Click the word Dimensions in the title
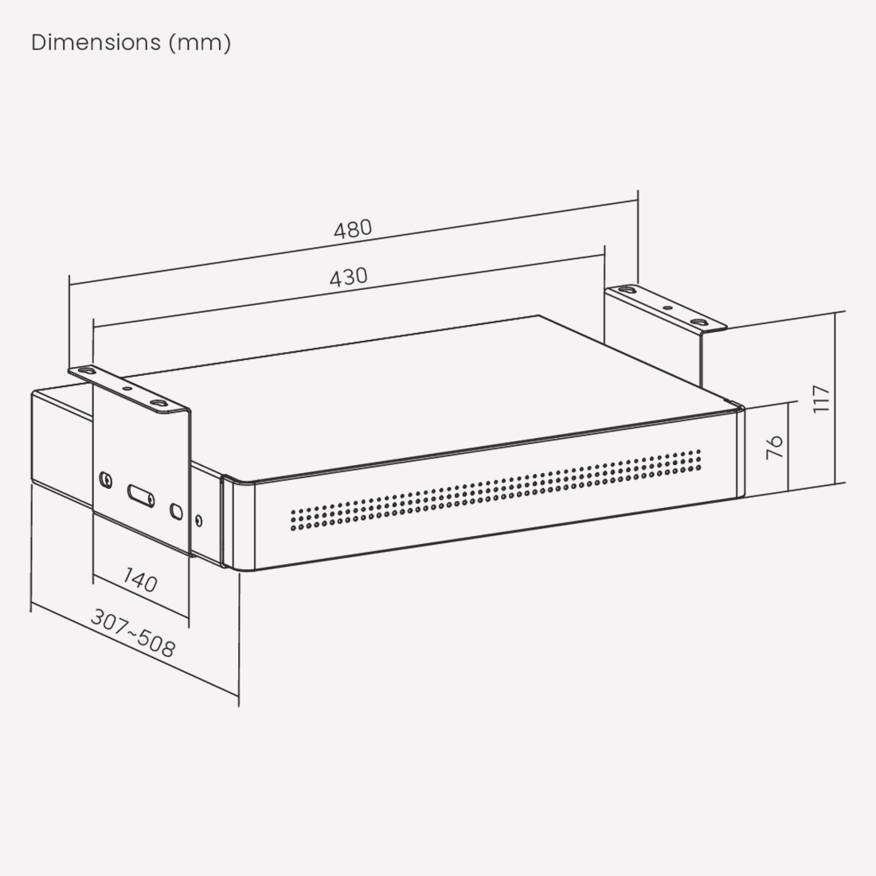96,43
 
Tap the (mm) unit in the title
199,43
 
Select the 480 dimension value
353,229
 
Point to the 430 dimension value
349,277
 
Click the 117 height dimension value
821,399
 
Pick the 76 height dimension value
775,447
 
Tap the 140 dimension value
139,580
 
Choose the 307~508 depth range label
133,633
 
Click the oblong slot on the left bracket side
141,495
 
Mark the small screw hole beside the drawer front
198,521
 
